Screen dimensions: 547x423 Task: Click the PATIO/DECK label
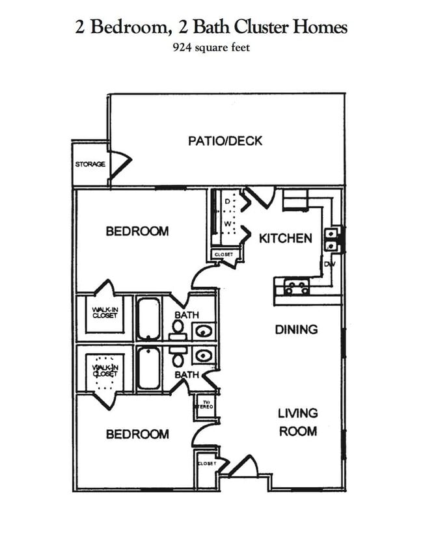tap(225, 140)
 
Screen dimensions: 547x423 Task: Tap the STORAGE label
tap(90, 165)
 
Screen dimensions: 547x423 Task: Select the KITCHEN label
tap(286, 238)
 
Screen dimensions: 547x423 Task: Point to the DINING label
tap(296, 329)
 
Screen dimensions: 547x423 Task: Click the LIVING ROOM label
tap(298, 421)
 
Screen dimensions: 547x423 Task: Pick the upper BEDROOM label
tap(137, 231)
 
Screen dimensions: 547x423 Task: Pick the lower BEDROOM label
tap(137, 434)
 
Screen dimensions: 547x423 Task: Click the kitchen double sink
tap(332, 239)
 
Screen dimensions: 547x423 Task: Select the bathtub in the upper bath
tap(149, 319)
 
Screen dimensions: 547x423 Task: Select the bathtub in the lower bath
tap(149, 368)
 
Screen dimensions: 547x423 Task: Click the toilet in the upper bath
tap(177, 328)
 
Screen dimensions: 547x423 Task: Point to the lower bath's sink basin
tap(204, 355)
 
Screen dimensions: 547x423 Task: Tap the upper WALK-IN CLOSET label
tap(104, 313)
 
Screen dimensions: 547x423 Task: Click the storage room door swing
tap(121, 164)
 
